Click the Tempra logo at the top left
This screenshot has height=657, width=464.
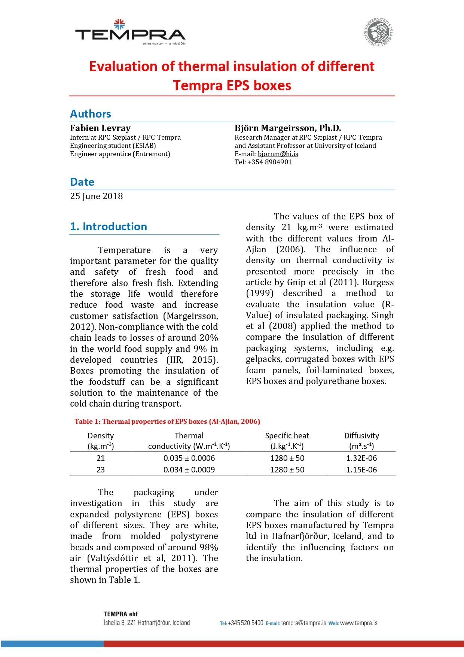pos(130,33)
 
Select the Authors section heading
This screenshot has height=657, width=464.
pos(91,114)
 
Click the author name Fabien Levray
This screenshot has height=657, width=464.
pos(100,128)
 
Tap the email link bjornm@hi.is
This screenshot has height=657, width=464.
pos(278,154)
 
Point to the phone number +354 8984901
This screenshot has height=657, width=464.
pos(269,162)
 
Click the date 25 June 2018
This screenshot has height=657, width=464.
pos(96,196)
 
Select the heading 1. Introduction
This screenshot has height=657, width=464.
pos(109,226)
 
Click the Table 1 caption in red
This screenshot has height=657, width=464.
pos(167,422)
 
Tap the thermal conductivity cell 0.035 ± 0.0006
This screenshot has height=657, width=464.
pos(189,458)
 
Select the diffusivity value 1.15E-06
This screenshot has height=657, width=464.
pos(361,470)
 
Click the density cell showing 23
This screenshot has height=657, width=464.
pos(101,470)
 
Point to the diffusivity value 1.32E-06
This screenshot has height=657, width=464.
pos(361,458)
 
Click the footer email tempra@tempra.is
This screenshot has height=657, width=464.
pos(303,623)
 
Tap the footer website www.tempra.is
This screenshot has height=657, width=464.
pos(358,623)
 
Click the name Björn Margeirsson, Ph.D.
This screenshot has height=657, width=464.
pos(288,128)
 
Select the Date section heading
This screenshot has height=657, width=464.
pos(82,182)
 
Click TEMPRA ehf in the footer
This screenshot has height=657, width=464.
pos(120,614)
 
